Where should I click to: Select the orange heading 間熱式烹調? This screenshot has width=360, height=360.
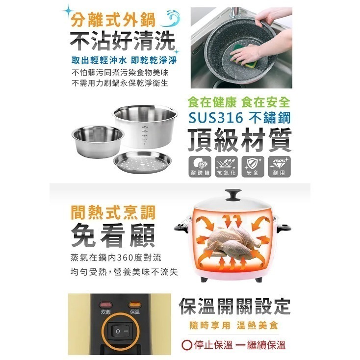[x=112, y=212]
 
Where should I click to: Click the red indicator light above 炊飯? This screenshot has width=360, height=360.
[x=106, y=305]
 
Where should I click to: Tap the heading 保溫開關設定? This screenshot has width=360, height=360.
[x=234, y=306]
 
